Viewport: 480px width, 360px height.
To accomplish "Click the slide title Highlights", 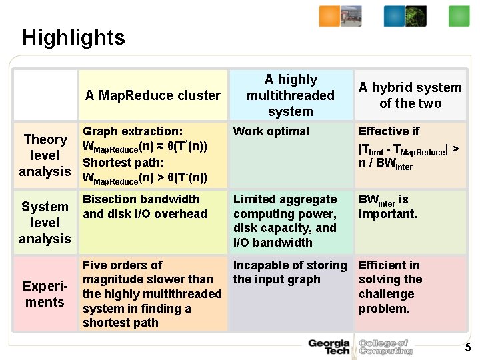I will point(73,37).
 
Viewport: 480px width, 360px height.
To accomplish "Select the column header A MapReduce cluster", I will point(153,95).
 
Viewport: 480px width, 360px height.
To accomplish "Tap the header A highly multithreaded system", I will point(290,95).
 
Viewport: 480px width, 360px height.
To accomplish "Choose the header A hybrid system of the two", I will point(410,95).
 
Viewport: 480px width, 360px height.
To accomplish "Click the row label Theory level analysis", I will point(45,155).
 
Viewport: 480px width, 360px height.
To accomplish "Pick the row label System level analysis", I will point(45,223).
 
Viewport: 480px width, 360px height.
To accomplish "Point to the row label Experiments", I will point(45,294).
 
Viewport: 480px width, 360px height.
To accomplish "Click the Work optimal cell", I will point(271,131).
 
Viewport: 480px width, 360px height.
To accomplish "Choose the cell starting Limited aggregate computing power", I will point(285,221).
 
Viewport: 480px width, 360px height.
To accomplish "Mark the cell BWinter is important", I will point(388,207).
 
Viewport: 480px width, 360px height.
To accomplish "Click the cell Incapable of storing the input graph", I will point(290,272).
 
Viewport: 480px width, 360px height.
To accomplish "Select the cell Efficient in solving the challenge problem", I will point(391,287).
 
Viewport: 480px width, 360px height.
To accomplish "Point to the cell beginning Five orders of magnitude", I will point(152,293).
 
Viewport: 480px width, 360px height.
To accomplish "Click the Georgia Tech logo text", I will point(329,347).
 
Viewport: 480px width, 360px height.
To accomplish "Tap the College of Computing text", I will point(385,347).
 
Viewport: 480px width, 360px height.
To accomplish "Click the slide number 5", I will point(467,347).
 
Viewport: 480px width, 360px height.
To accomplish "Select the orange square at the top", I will point(329,16).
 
